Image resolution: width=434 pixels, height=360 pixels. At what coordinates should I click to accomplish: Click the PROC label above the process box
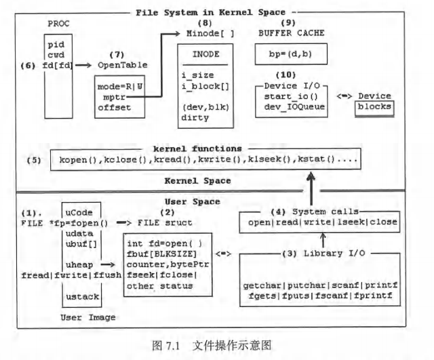coord(59,24)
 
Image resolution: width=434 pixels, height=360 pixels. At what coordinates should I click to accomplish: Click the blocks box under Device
coord(374,108)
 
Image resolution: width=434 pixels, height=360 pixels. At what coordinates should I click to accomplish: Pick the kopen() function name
coord(77,163)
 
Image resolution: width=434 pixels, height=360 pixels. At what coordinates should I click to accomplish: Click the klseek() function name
coord(267,163)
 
